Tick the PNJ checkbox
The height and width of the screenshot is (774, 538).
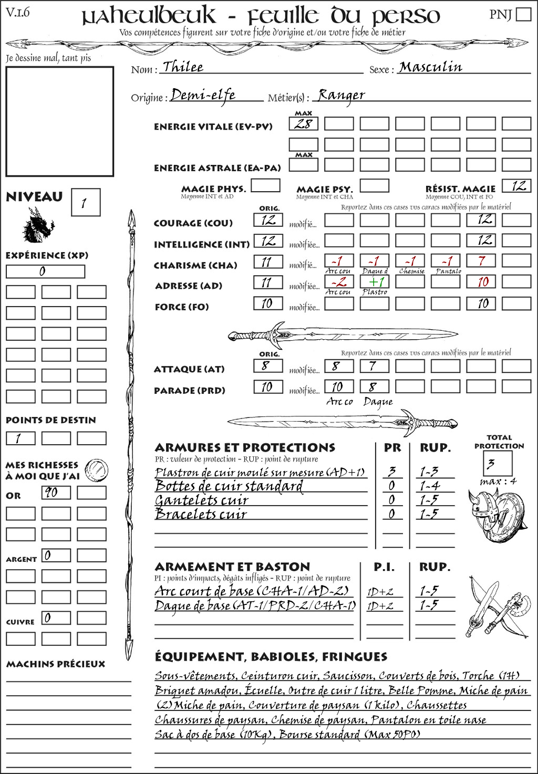point(523,14)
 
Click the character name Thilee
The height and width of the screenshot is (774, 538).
point(182,67)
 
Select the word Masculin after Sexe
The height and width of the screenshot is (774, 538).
point(430,67)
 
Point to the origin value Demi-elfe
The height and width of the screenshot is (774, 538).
point(203,95)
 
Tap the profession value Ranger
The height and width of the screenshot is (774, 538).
point(341,95)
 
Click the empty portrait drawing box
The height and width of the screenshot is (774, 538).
point(59,121)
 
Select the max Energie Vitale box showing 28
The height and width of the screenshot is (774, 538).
point(303,124)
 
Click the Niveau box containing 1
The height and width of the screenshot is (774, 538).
point(85,202)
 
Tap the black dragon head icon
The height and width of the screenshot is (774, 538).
point(38,226)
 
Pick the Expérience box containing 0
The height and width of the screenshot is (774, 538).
point(45,271)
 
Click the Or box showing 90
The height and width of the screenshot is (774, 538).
point(56,493)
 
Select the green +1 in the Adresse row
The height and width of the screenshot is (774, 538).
point(374,282)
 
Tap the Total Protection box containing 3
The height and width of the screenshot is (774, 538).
point(497,463)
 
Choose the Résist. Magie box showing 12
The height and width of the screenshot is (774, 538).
point(516,186)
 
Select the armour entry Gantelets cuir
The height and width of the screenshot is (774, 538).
point(201,500)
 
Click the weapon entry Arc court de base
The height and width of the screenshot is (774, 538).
point(251,591)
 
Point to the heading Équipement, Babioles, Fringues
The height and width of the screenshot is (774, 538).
point(271,656)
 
